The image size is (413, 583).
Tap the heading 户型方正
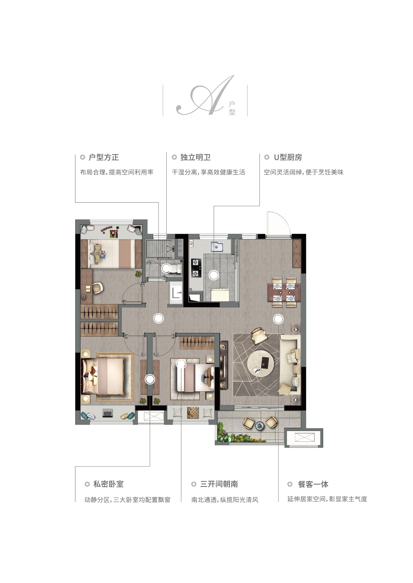point(104,158)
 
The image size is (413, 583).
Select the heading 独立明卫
point(195,158)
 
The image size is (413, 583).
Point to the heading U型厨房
point(288,158)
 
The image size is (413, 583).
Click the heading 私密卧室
point(108,484)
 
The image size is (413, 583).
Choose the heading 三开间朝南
point(219,484)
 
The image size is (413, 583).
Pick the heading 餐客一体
point(313,484)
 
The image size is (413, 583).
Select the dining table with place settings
point(284,292)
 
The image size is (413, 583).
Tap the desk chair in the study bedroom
point(97,288)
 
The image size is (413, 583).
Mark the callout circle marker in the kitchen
point(214,275)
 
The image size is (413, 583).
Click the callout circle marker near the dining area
point(278,319)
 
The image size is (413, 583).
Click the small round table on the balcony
point(260,425)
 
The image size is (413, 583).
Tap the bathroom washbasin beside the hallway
point(176,293)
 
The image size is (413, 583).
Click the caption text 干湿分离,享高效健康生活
point(208,172)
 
